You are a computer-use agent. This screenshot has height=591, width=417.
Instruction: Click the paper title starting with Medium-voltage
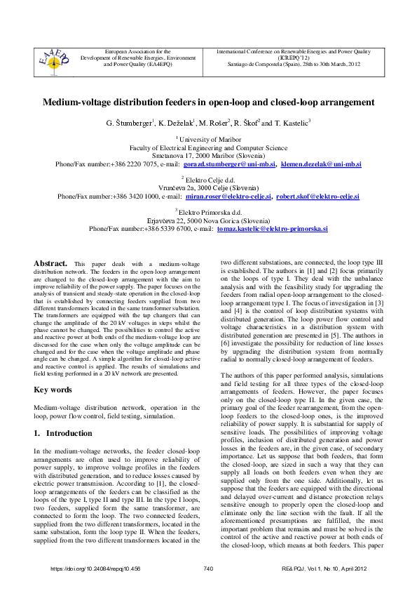[209, 102]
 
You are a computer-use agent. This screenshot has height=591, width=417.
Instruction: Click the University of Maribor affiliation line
[209, 140]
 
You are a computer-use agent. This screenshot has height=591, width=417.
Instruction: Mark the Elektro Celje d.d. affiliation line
[209, 180]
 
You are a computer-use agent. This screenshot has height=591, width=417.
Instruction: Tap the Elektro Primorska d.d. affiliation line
[209, 212]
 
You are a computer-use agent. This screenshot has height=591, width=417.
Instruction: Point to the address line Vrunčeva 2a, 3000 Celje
[209, 189]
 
